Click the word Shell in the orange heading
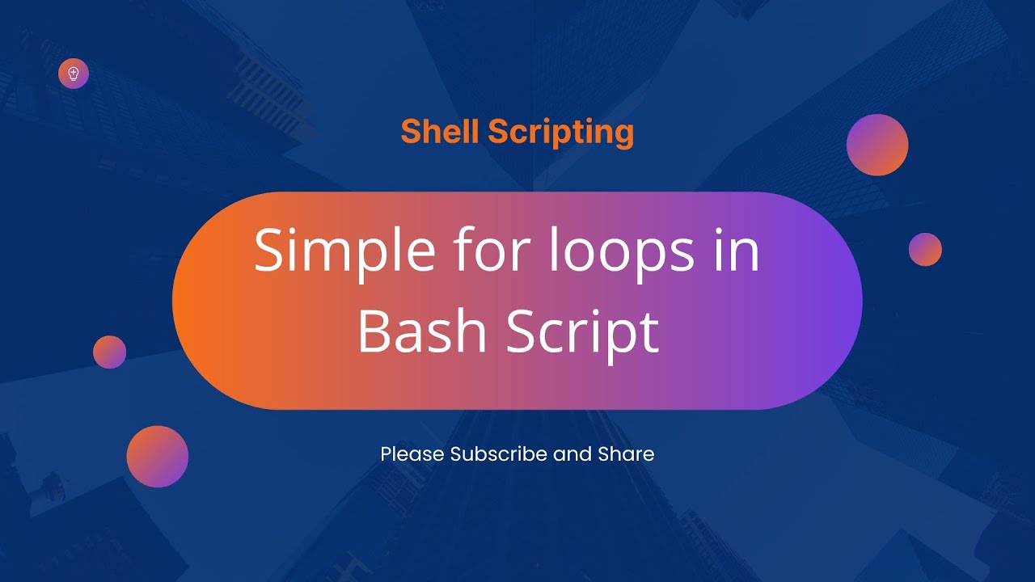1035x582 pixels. pyautogui.click(x=440, y=132)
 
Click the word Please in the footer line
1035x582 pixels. pyautogui.click(x=412, y=454)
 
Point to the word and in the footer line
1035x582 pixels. pyautogui.click(x=572, y=454)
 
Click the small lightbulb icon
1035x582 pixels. pyautogui.click(x=74, y=74)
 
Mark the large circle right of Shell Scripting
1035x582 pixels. pyautogui.click(x=877, y=145)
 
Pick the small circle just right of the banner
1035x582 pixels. pyautogui.click(x=925, y=250)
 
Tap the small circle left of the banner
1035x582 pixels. pyautogui.click(x=109, y=352)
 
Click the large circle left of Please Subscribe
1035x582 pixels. pyautogui.click(x=158, y=457)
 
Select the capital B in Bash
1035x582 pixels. pyautogui.click(x=373, y=331)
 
